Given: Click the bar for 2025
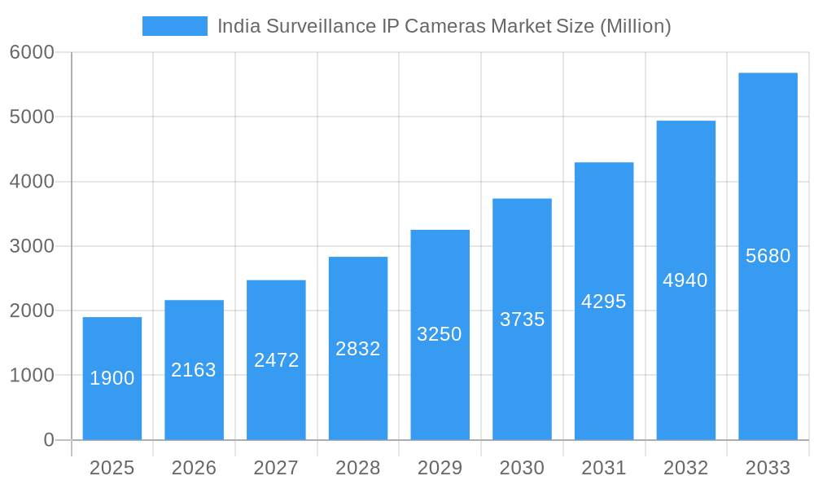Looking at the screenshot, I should click(112, 378).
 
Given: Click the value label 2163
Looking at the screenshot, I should click(194, 370).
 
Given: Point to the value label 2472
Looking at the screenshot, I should click(276, 360).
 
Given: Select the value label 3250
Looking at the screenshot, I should click(440, 334).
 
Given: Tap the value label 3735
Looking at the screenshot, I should click(522, 319).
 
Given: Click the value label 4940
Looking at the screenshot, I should click(685, 280).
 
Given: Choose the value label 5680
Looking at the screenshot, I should click(768, 256).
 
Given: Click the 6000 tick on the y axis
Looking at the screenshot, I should click(32, 52).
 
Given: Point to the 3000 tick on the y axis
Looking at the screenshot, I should click(32, 246).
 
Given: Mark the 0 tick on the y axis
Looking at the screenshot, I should click(48, 440).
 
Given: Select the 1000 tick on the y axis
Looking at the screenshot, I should click(32, 376).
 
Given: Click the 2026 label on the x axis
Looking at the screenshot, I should click(194, 468).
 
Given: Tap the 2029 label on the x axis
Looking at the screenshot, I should click(440, 468).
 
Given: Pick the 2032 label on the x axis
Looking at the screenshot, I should click(685, 468).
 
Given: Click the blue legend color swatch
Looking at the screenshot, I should click(174, 26).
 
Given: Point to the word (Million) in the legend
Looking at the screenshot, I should click(635, 26).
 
